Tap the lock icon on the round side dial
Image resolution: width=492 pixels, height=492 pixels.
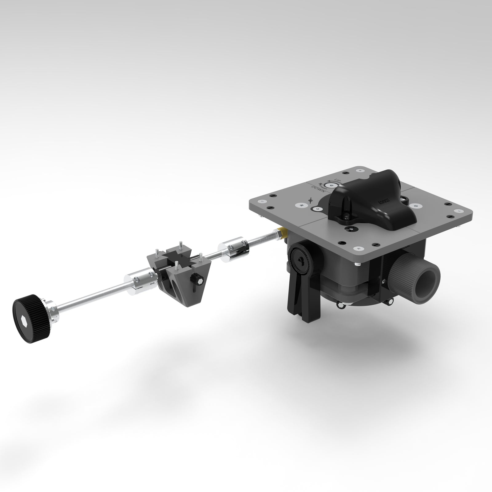[302, 259]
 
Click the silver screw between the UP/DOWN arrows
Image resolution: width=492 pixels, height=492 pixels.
[330, 185]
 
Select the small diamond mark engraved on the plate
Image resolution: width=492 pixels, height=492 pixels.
[311, 199]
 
